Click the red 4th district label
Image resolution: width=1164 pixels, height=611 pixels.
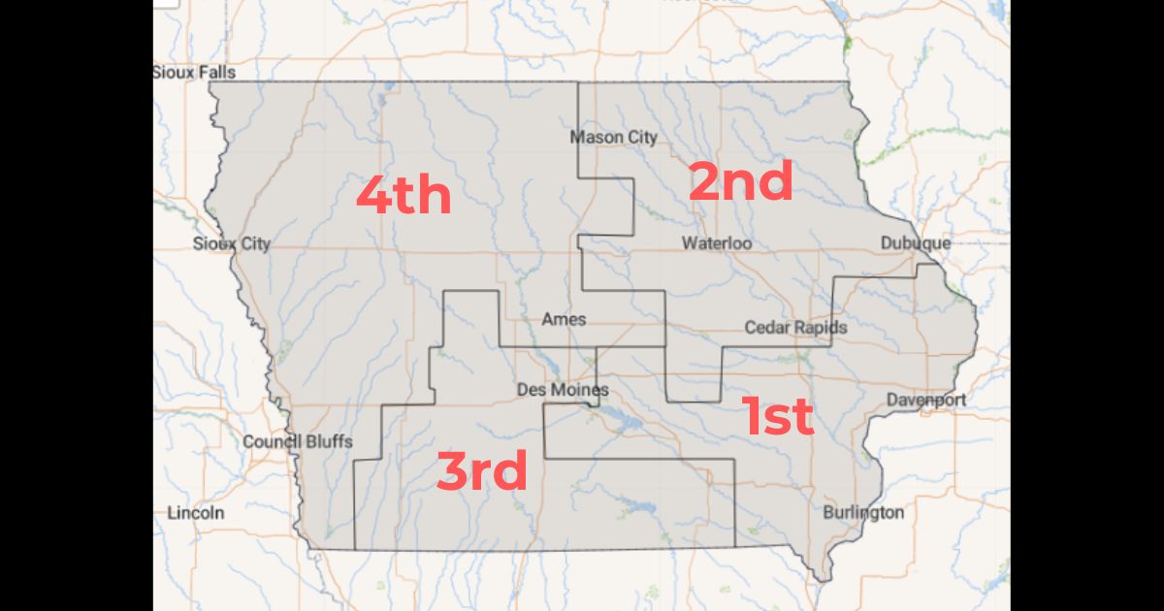(x=404, y=196)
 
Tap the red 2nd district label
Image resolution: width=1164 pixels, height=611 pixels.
(x=741, y=181)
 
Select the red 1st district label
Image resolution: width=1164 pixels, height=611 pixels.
(x=778, y=416)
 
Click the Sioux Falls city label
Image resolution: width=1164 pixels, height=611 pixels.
(x=194, y=72)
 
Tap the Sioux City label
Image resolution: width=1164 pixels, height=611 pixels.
(x=231, y=243)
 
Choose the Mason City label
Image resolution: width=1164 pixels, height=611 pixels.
(x=613, y=137)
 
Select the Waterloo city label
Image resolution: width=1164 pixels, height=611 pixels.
(x=716, y=242)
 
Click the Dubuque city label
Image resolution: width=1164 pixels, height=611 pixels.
(x=916, y=242)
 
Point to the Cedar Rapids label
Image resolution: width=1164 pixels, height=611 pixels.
(x=795, y=328)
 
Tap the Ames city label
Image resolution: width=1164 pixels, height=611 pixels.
(x=564, y=319)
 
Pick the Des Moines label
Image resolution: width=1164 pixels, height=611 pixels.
(x=563, y=390)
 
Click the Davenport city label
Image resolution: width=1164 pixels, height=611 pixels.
(x=925, y=400)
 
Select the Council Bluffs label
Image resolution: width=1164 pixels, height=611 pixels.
(x=298, y=441)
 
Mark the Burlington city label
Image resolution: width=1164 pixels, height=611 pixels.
(x=863, y=512)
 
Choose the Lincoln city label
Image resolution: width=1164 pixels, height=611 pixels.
(x=196, y=512)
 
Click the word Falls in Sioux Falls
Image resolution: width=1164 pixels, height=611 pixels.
(x=217, y=72)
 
